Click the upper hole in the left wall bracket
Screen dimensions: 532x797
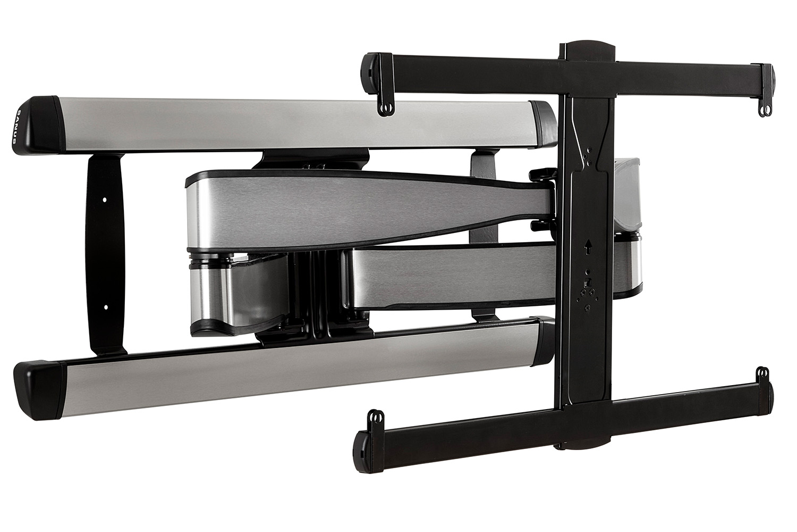point(105,200)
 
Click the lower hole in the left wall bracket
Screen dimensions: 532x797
point(105,307)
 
